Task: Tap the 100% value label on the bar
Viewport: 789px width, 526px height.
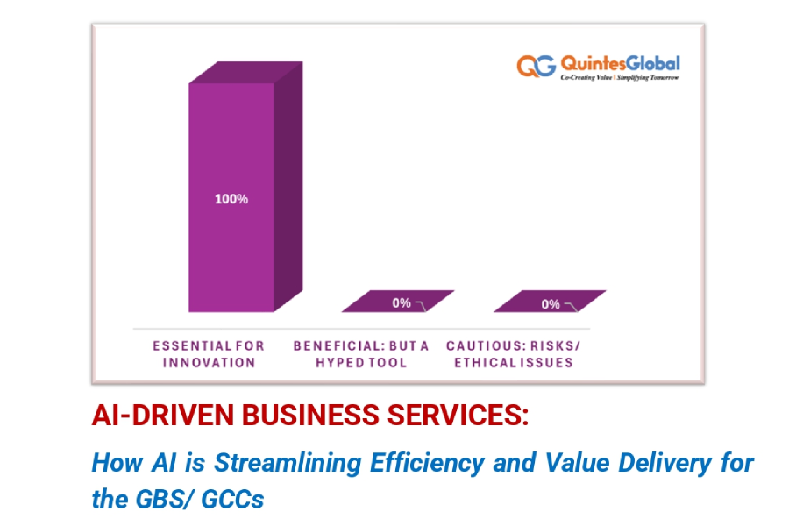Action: pyautogui.click(x=231, y=199)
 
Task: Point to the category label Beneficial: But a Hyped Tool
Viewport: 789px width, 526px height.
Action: pyautogui.click(x=360, y=353)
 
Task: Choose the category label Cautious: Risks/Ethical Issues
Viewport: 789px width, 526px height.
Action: pyautogui.click(x=513, y=353)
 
